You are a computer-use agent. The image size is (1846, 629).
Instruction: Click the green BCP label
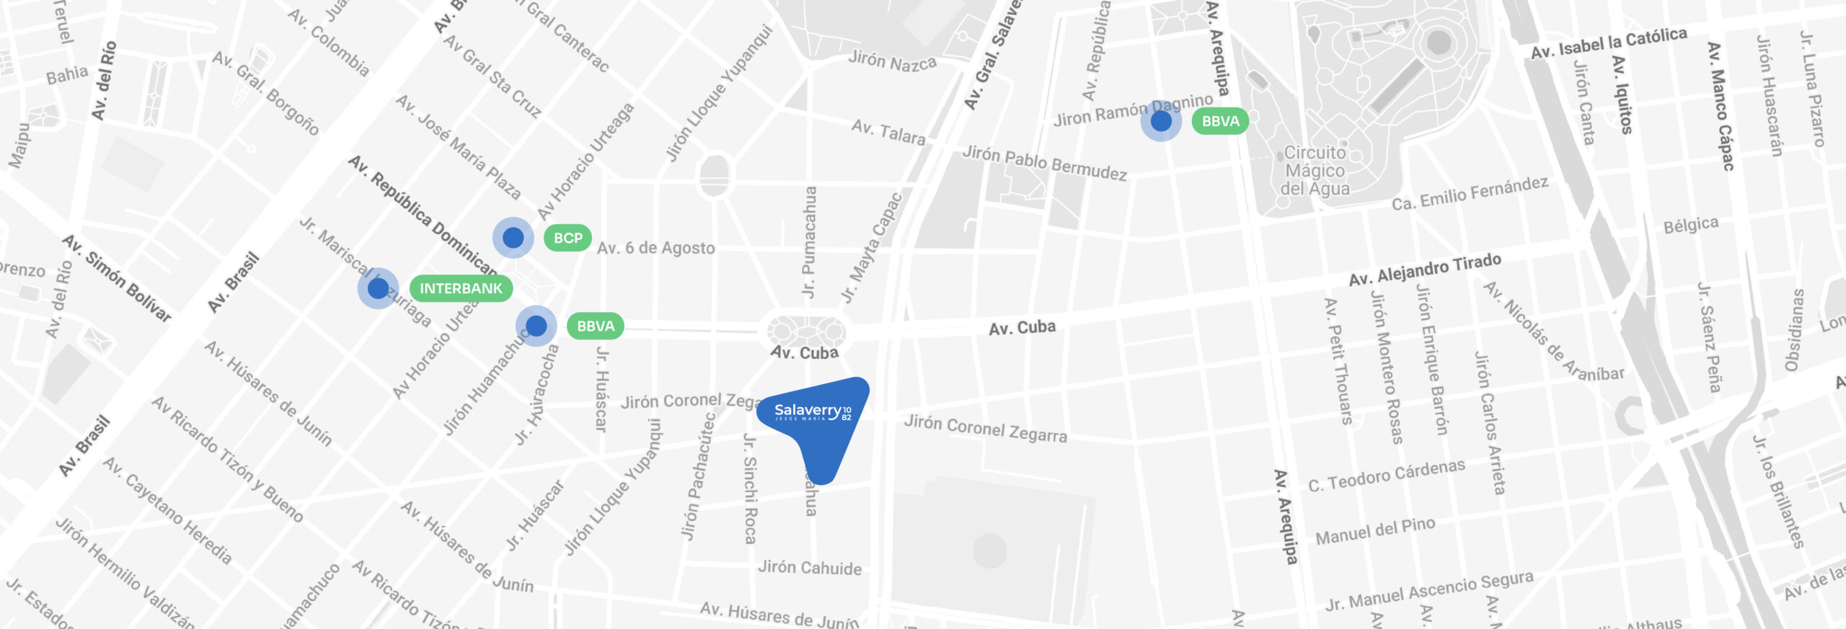(568, 238)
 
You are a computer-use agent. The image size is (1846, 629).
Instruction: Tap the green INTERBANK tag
(461, 288)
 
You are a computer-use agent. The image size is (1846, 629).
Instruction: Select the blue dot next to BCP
(513, 237)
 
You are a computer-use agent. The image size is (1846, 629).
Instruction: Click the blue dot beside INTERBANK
(378, 288)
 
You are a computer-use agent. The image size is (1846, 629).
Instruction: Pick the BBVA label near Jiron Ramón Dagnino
(1220, 121)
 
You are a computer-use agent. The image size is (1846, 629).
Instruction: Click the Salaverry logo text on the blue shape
(812, 411)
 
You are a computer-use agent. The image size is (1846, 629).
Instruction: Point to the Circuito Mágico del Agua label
(1315, 171)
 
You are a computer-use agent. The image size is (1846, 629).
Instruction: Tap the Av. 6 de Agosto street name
(655, 248)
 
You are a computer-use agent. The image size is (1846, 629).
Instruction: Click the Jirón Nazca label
(892, 61)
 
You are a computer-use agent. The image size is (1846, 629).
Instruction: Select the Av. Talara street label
(888, 132)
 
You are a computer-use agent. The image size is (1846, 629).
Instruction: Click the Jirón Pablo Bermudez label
(1044, 162)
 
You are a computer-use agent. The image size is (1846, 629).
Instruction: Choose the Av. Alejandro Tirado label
(1425, 269)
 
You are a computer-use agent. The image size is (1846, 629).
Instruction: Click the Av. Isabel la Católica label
(1609, 43)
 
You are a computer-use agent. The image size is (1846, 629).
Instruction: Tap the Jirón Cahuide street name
(809, 568)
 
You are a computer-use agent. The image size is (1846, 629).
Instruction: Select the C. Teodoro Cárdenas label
(1386, 476)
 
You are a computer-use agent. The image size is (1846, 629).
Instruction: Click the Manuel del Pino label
(1375, 532)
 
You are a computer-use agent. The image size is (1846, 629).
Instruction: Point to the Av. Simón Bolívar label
(116, 277)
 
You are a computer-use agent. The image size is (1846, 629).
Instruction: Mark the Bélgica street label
(1690, 225)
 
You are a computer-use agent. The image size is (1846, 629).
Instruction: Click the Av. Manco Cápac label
(1721, 106)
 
